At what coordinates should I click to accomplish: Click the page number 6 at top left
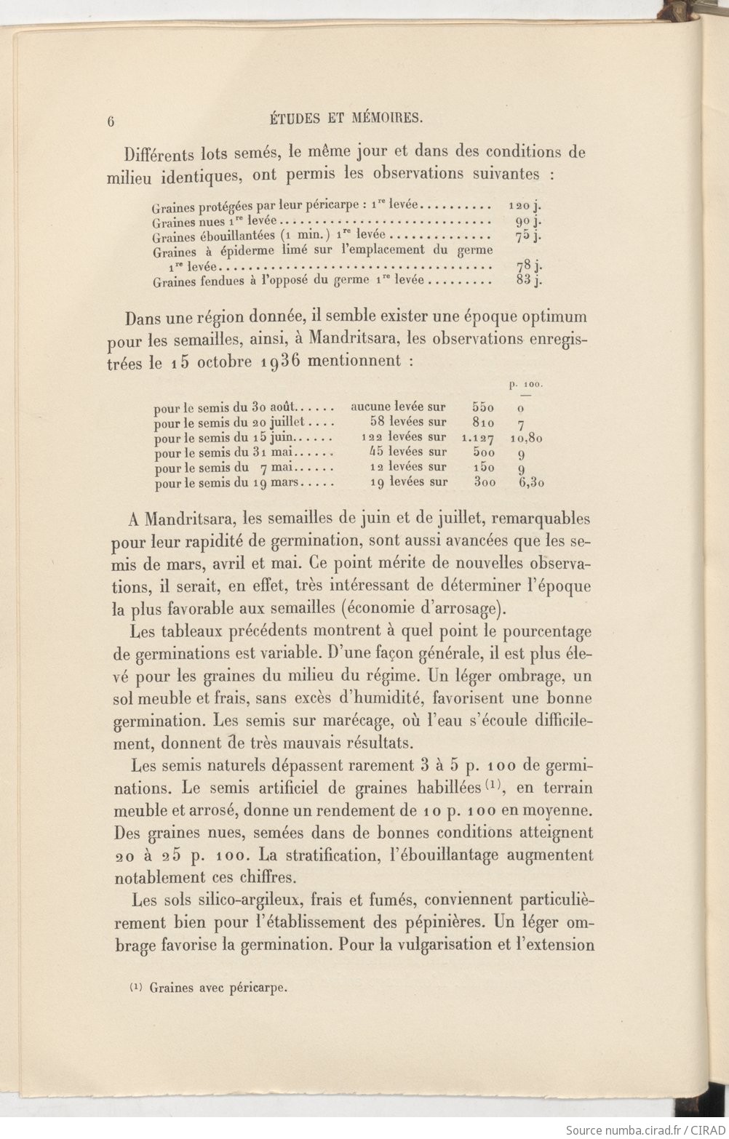pyautogui.click(x=111, y=121)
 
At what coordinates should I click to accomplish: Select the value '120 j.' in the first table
pyautogui.click(x=525, y=207)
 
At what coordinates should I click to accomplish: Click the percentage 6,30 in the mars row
pyautogui.click(x=532, y=482)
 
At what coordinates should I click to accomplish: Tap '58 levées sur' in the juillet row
pyautogui.click(x=407, y=422)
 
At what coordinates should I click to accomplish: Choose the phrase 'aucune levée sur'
pyautogui.click(x=398, y=407)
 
